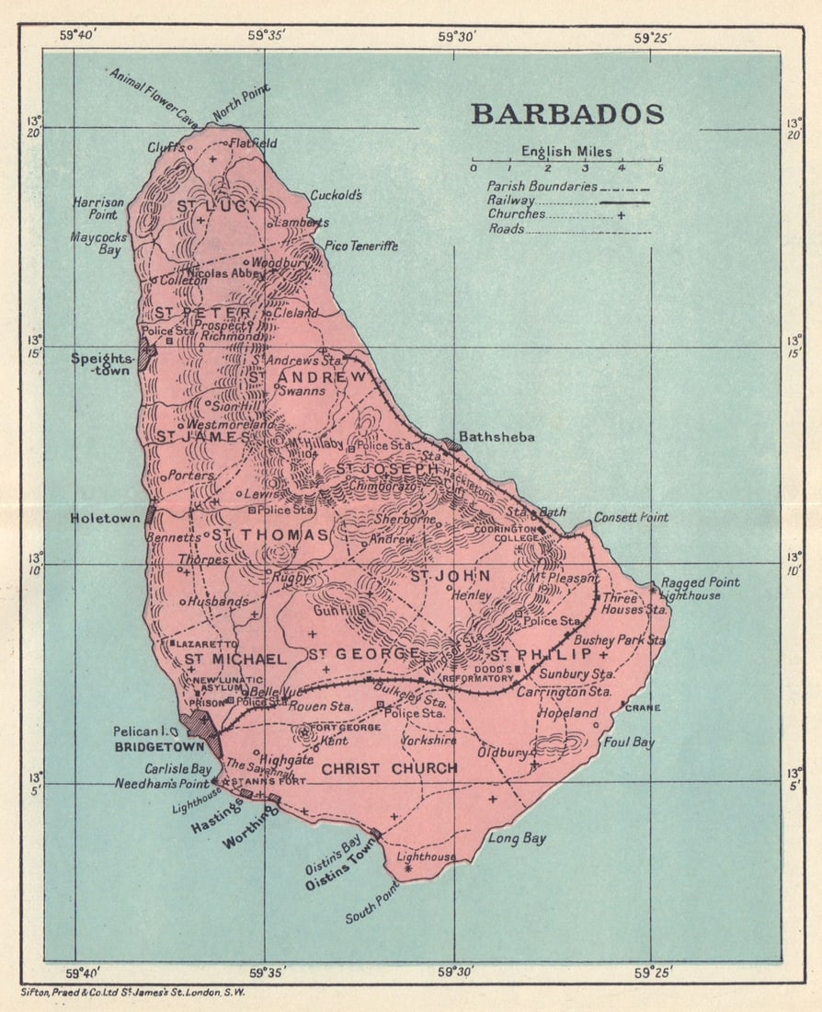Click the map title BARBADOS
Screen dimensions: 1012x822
[x=567, y=114]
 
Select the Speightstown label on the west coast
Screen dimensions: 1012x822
[x=103, y=364]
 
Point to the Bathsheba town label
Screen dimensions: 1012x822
[x=497, y=436]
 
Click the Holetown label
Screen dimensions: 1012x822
[x=106, y=518]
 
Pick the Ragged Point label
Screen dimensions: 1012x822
[x=700, y=582]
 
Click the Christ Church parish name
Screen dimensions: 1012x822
[x=389, y=768]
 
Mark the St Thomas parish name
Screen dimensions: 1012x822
[x=271, y=535]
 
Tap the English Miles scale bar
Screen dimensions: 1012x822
[x=565, y=167]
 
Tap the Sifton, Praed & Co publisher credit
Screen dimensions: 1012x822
[x=133, y=993]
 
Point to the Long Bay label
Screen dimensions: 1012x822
[x=517, y=838]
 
